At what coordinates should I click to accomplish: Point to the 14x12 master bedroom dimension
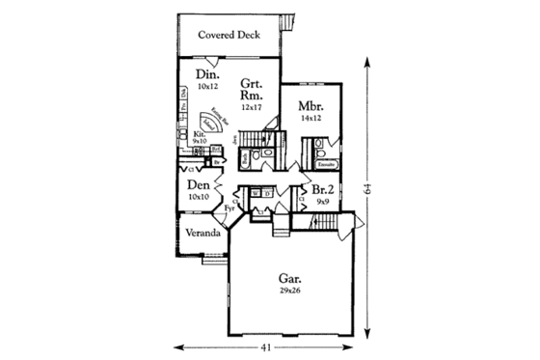[x=310, y=120]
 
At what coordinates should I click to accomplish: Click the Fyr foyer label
[x=230, y=208]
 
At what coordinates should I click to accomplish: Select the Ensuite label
[x=326, y=167]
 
